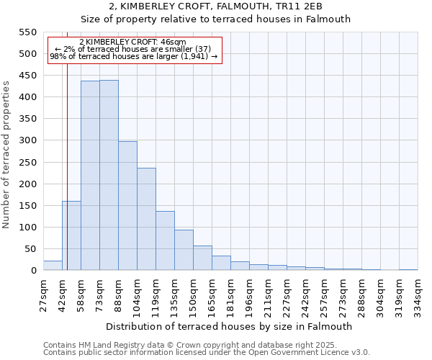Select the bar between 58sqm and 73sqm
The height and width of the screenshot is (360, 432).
(x=90, y=176)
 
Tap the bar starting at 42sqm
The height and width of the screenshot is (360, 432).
(x=71, y=235)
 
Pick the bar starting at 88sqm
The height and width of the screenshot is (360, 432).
(x=127, y=206)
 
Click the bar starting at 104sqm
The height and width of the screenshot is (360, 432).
(x=146, y=219)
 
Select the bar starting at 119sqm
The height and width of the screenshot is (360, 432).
(x=165, y=240)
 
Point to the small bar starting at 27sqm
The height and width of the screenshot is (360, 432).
(x=53, y=266)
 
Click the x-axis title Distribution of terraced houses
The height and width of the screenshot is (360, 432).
(x=230, y=326)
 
